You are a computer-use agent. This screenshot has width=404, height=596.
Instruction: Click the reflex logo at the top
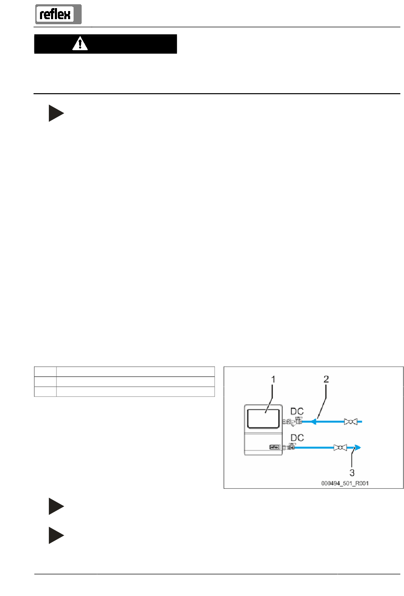58,14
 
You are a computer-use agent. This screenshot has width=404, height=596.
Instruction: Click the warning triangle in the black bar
80,44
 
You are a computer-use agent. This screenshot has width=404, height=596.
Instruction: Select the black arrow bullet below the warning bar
56,113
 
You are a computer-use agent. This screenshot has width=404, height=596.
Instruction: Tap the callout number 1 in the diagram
273,379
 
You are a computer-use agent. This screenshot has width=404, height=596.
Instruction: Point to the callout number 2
326,379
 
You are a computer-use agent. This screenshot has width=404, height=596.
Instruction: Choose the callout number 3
352,473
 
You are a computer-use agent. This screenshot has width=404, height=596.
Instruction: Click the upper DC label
297,411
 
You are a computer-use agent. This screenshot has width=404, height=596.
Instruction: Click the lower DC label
297,438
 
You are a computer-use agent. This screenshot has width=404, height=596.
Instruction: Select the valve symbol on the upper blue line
351,422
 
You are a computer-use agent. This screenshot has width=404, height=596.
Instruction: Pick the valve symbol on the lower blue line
340,448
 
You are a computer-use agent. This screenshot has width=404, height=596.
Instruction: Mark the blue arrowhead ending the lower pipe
358,448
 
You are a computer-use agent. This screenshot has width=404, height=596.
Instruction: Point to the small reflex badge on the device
275,447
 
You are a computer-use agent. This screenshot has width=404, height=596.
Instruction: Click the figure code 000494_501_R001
345,483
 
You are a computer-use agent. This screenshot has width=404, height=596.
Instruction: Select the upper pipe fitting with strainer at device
293,422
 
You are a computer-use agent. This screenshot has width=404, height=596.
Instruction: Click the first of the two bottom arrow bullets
56,506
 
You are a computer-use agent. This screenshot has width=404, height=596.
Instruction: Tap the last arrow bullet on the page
56,536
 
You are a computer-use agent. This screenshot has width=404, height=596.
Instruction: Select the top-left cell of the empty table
45,371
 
